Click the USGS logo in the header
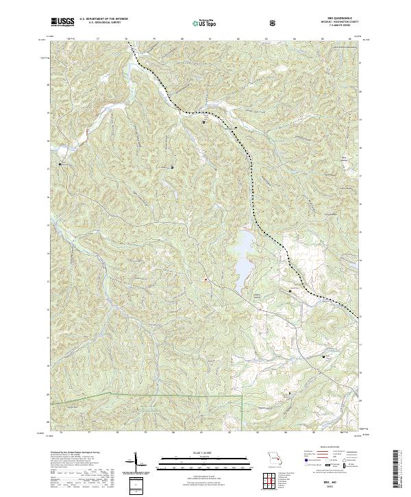(62, 22)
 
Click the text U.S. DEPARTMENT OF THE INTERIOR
(103, 19)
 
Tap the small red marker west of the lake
(204, 278)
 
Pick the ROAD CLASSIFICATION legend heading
(327, 451)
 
